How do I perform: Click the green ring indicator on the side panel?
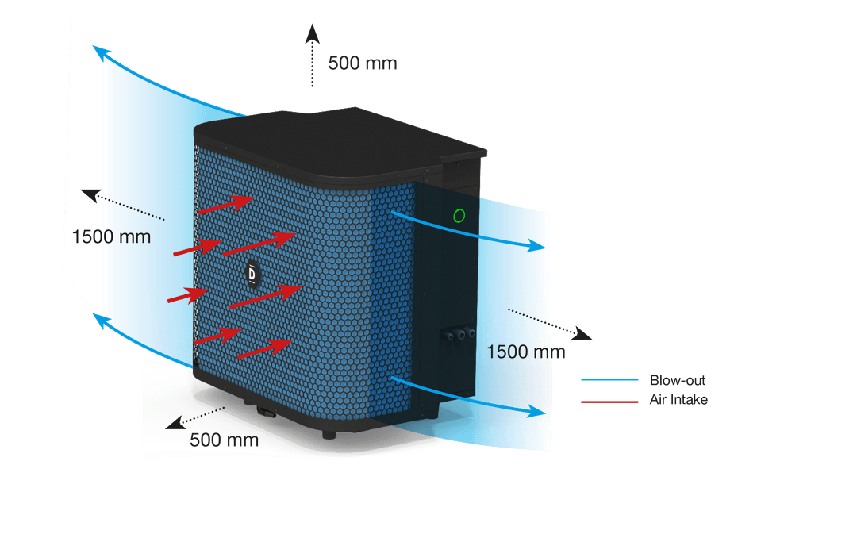point(458,215)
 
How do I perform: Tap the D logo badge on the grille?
point(252,273)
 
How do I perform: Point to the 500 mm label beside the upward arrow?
point(363,63)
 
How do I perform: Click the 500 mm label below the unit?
point(224,440)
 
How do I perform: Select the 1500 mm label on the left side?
point(110,236)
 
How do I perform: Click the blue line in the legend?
point(609,380)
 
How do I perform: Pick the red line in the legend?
point(609,401)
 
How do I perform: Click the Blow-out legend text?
point(677,380)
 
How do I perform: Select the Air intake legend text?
point(678,400)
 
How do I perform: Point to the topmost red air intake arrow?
point(227,206)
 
